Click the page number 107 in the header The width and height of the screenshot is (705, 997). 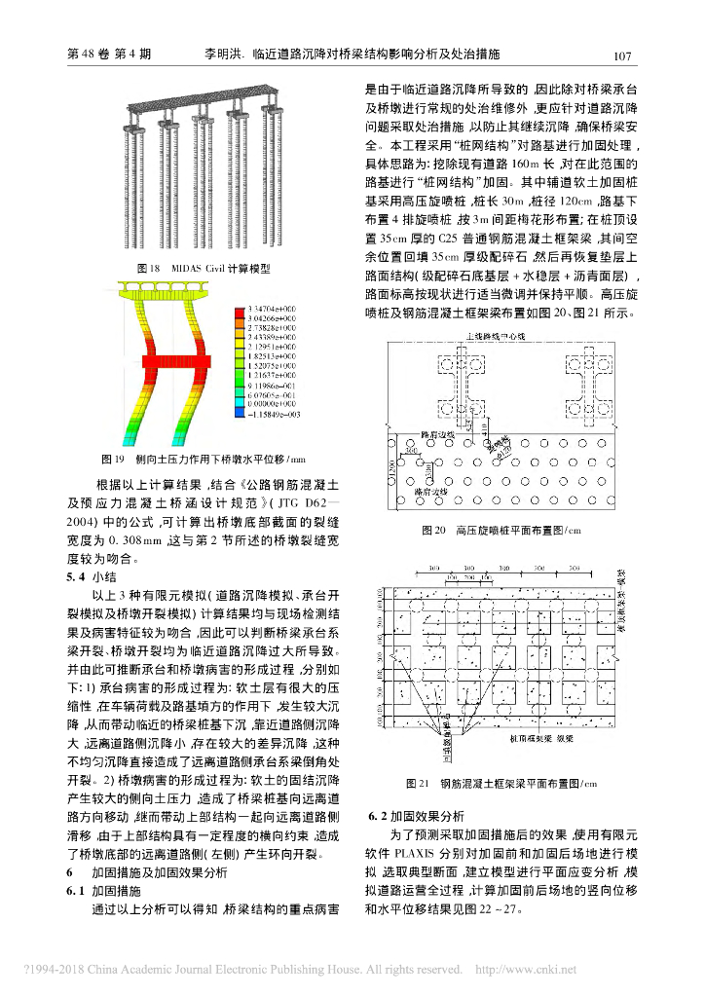(624, 55)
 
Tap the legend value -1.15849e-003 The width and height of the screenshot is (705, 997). (271, 416)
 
